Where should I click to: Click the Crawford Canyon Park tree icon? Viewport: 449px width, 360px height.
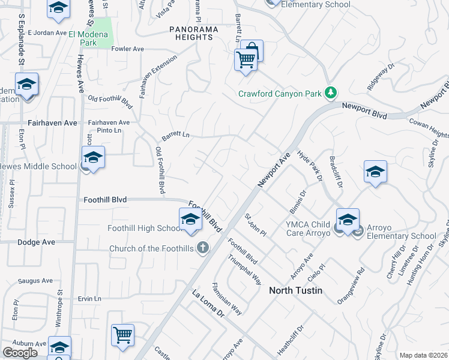pos(330,93)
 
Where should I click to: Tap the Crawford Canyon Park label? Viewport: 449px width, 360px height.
pos(280,94)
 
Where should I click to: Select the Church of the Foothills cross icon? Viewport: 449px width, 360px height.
pos(203,247)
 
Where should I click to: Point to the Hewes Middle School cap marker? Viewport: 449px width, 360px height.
pos(93,158)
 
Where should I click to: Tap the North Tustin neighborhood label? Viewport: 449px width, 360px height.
pos(295,290)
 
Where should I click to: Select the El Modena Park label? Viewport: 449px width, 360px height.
pos(88,39)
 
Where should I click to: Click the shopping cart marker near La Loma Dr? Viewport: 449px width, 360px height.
pos(123,335)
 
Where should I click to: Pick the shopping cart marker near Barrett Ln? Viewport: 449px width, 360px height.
pos(245,60)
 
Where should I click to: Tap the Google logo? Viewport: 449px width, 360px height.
pos(20,352)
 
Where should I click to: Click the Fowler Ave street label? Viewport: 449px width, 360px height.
pos(128,49)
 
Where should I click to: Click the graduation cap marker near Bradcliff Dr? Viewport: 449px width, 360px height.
pos(375,172)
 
